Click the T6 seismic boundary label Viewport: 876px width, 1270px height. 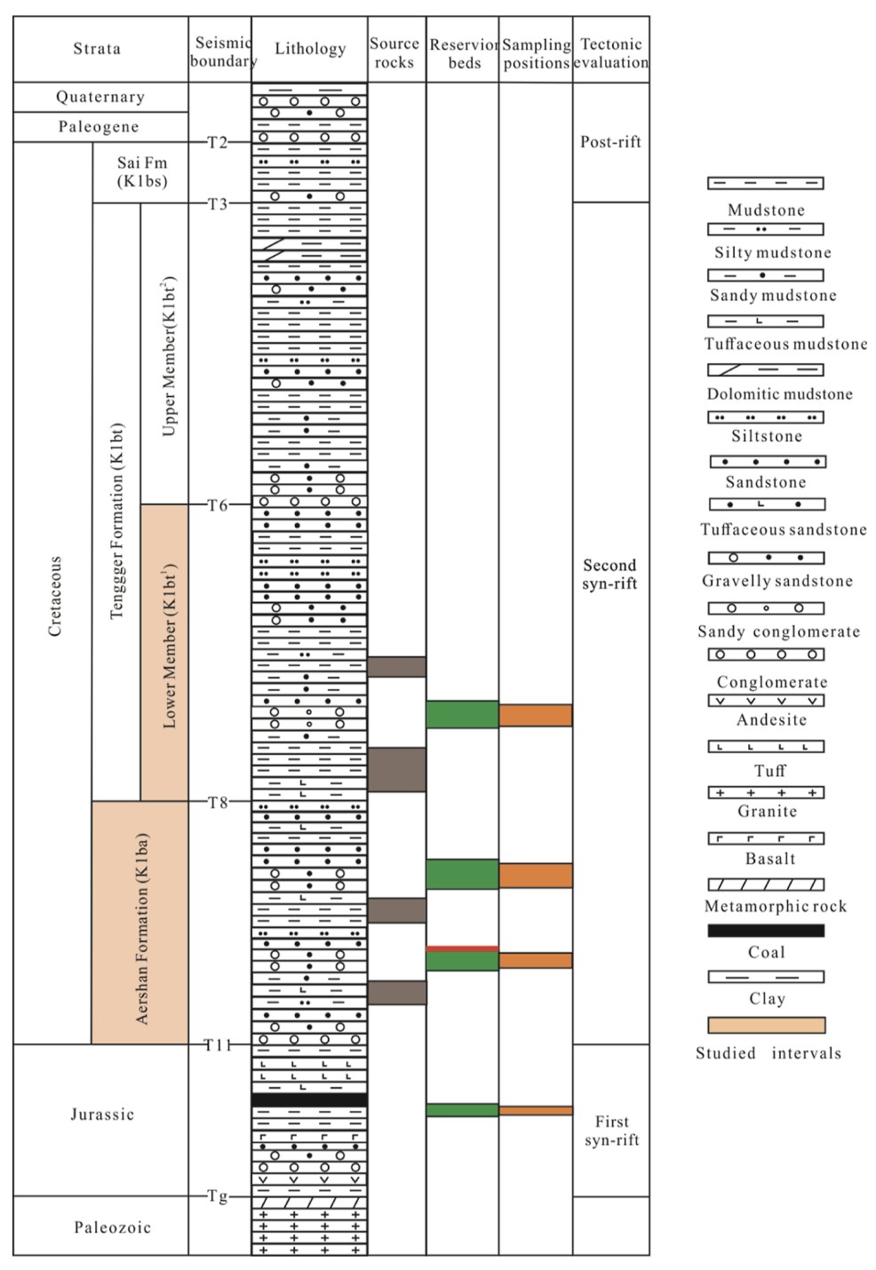pyautogui.click(x=218, y=505)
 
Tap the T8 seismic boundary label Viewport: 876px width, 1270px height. pyautogui.click(x=218, y=803)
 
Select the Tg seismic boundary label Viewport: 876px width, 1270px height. pyautogui.click(x=218, y=1196)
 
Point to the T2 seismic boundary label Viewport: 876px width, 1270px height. pyautogui.click(x=218, y=142)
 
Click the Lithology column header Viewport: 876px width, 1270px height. pyautogui.click(x=310, y=49)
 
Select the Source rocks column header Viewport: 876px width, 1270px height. pyautogui.click(x=394, y=52)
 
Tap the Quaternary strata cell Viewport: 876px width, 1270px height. pyautogui.click(x=100, y=97)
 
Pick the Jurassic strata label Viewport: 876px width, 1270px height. pyautogui.click(x=102, y=1115)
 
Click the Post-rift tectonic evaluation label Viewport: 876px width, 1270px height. pyautogui.click(x=610, y=142)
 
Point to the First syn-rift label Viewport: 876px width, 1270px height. pyautogui.click(x=611, y=1131)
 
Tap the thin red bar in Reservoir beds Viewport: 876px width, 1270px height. pyautogui.click(x=462, y=949)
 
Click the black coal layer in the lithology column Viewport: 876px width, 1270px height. pyautogui.click(x=309, y=1100)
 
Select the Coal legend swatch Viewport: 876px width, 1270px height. pyautogui.click(x=766, y=931)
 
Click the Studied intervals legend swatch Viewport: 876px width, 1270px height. pyautogui.click(x=766, y=1025)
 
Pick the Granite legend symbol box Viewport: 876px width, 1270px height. pyautogui.click(x=766, y=792)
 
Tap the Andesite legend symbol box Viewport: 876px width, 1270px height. pyautogui.click(x=766, y=701)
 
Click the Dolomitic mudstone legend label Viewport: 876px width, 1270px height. pyautogui.click(x=779, y=393)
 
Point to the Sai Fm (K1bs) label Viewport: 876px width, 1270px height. pyautogui.click(x=142, y=172)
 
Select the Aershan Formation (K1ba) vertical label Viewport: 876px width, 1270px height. pyautogui.click(x=142, y=928)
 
